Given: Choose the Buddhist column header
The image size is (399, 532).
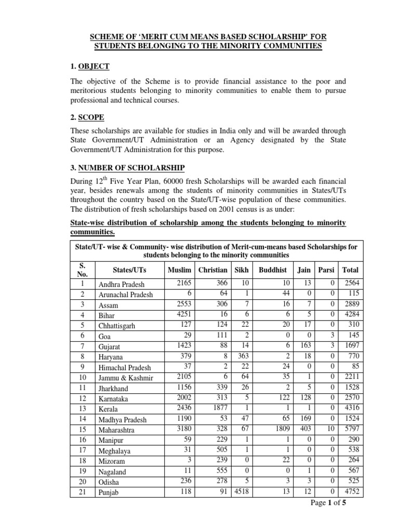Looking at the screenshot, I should tap(273, 270).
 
